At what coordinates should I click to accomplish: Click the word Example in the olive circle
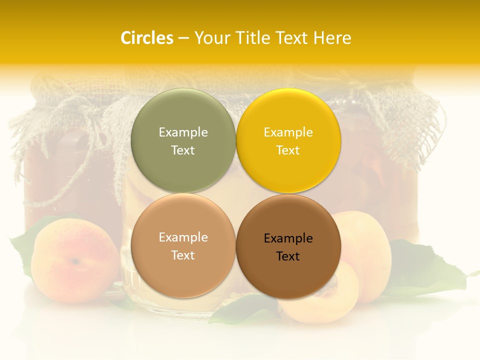tap(183, 132)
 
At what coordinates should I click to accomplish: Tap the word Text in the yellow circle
tap(288, 150)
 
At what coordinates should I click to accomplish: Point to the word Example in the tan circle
tap(183, 237)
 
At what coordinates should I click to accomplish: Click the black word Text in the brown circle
tap(288, 256)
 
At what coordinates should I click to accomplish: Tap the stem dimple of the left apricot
tap(75, 261)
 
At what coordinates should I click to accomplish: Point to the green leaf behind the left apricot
tap(22, 245)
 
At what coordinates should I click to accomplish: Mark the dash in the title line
tap(183, 38)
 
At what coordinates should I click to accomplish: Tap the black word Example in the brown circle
tap(288, 238)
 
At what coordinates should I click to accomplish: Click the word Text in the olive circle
tap(183, 150)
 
